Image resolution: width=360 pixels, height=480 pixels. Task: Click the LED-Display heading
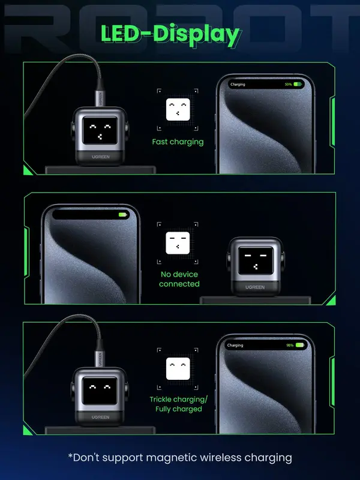coord(170,35)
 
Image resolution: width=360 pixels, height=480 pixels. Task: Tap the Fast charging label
coord(178,142)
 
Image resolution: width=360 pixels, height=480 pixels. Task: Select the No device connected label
coord(179,279)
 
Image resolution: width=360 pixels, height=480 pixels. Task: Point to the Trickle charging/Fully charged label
coord(178,404)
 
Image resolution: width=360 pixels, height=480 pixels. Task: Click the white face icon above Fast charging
coord(178,109)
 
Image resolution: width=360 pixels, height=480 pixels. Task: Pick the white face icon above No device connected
coord(178,243)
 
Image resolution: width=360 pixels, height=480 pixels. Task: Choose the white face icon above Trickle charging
coord(178,368)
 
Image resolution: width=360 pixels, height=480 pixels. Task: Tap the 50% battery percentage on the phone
coord(289,84)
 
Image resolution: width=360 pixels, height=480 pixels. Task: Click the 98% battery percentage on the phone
coord(290,346)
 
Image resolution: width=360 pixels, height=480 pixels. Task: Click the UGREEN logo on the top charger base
coord(100,157)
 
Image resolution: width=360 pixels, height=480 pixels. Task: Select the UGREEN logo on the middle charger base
coord(255,287)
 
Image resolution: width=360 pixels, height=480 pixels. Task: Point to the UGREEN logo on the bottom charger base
coord(100,417)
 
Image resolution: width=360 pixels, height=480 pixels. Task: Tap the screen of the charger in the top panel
coord(100,130)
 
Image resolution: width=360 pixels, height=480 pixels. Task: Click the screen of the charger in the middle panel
coord(256,260)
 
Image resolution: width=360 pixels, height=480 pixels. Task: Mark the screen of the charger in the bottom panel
coord(100,391)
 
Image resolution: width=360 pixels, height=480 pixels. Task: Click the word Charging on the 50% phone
coord(238,85)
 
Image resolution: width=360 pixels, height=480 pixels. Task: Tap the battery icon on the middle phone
coord(123,215)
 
